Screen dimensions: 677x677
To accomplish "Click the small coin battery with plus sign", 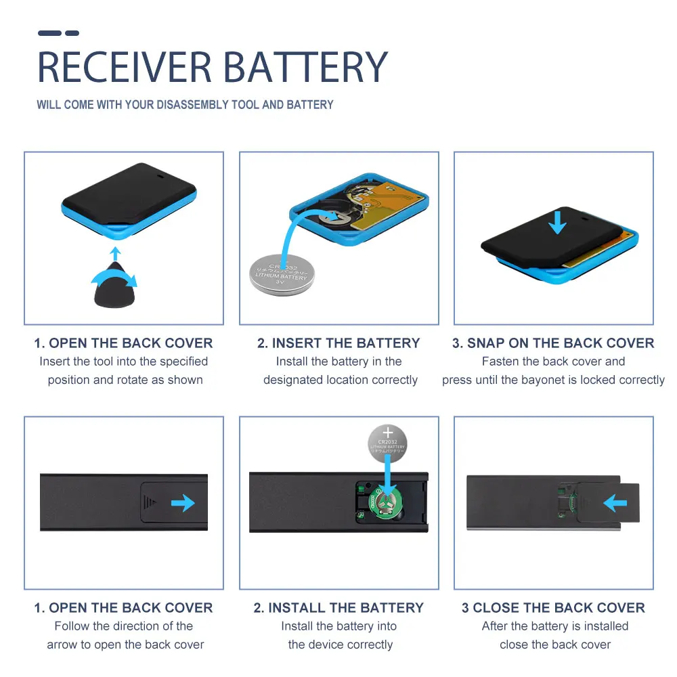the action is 388,442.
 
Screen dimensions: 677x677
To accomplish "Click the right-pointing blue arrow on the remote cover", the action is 182,502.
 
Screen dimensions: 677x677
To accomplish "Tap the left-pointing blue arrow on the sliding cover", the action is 615,503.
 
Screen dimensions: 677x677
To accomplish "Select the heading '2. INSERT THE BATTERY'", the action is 338,343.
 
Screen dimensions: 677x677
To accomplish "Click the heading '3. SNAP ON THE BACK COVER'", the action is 553,343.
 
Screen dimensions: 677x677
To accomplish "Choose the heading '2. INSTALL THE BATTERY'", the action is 338,608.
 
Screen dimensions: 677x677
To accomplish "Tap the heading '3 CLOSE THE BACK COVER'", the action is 553,608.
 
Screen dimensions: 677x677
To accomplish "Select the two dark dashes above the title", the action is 58,32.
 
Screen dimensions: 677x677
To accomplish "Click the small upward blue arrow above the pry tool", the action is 116,253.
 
